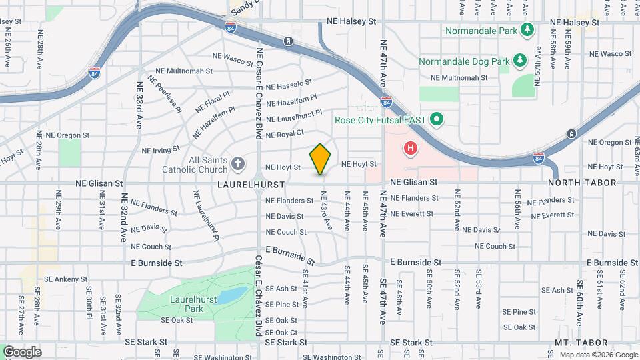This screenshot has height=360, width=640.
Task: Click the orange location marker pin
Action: [321, 159]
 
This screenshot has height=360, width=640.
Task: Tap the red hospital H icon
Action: [411, 148]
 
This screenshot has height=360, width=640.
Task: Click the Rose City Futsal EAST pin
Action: [437, 120]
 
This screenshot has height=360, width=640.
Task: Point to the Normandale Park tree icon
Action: [527, 30]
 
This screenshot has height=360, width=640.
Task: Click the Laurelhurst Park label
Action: [185, 304]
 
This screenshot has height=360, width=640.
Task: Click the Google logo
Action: [22, 351]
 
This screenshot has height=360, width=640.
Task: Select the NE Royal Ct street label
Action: [285, 134]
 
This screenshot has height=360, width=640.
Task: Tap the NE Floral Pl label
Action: [212, 104]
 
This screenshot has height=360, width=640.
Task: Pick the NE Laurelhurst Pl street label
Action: [293, 115]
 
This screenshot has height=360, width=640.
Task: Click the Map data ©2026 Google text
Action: [597, 355]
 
